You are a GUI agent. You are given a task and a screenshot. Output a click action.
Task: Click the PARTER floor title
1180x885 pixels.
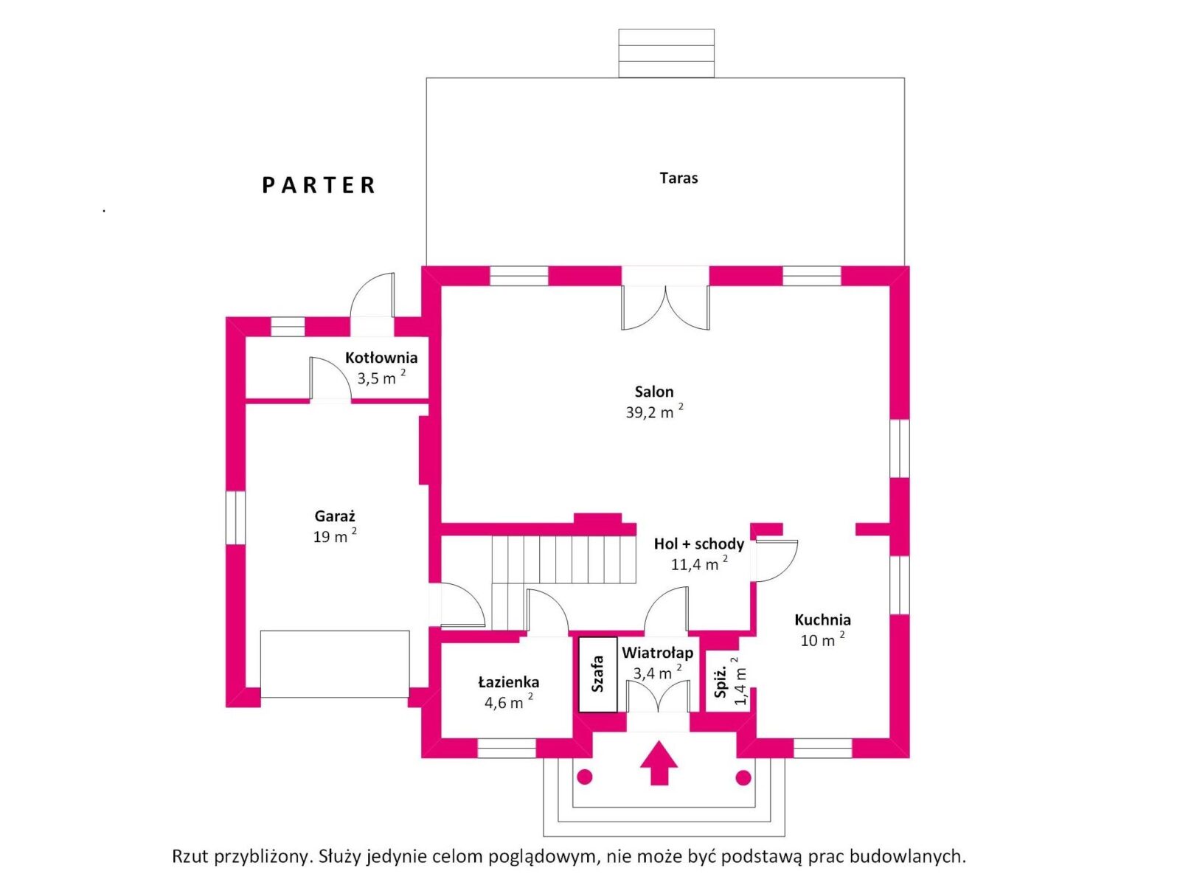[x=319, y=185]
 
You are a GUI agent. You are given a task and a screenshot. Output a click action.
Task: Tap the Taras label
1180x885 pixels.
[x=678, y=178]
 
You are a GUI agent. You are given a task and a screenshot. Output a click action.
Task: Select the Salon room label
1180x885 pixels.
[x=653, y=391]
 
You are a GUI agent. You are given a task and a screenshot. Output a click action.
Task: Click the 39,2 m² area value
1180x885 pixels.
[x=654, y=412]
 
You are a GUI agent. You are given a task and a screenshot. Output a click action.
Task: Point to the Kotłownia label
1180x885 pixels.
[x=381, y=358]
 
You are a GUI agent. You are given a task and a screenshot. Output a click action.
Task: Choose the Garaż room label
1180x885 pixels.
[x=335, y=516]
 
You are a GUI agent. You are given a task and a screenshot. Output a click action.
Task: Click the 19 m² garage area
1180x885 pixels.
[x=335, y=535]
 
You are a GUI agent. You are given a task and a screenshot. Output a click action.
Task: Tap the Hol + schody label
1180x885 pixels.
[x=699, y=544]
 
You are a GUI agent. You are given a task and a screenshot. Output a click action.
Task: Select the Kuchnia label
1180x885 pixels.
[x=822, y=619]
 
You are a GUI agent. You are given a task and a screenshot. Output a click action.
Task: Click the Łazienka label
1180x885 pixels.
[x=509, y=682]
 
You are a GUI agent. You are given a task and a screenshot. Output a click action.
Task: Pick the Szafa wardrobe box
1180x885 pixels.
[x=597, y=674]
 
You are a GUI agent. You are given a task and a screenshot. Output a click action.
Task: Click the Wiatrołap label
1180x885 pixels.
[x=657, y=653]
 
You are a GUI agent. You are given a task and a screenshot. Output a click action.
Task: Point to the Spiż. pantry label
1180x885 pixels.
[x=721, y=682]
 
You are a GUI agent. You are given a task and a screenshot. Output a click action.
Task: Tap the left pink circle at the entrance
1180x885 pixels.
[x=584, y=777]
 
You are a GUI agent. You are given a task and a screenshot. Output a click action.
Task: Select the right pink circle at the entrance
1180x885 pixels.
[x=743, y=777]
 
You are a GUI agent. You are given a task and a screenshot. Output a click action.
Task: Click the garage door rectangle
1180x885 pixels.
[x=335, y=664]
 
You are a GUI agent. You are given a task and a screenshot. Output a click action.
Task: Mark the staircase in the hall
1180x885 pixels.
[x=564, y=559]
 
